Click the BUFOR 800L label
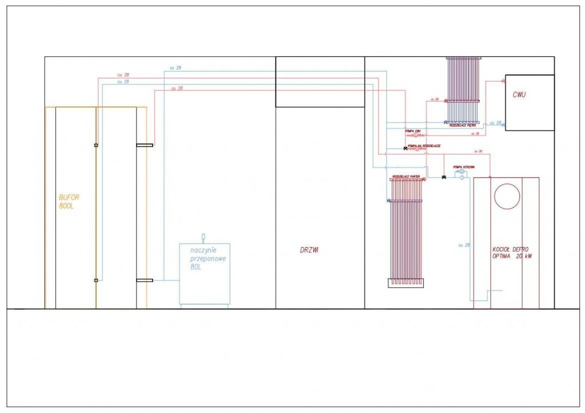[69, 201]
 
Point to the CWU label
[519, 95]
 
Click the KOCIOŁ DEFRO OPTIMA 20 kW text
[512, 253]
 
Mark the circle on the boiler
[507, 196]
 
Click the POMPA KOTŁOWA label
[463, 167]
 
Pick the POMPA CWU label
[413, 131]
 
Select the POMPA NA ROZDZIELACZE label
[424, 146]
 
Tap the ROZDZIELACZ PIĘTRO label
[462, 125]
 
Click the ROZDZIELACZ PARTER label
[406, 176]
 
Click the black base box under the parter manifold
[406, 283]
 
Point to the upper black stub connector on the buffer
[145, 145]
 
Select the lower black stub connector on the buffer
[145, 280]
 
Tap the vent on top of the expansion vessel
[203, 236]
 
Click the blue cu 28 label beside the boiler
[464, 245]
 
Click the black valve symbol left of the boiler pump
[443, 177]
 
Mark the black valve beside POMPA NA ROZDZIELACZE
[405, 149]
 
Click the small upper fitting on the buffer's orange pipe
[96, 145]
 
